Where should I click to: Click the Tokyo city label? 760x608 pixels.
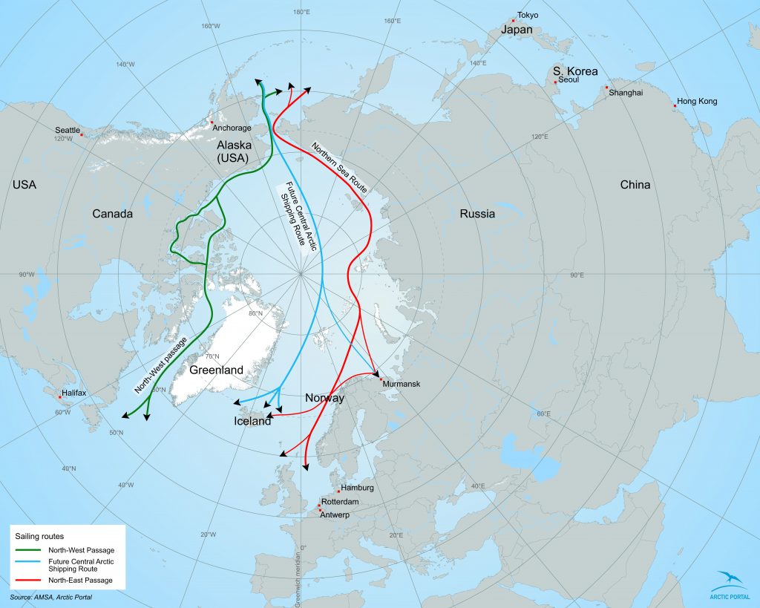tap(528, 15)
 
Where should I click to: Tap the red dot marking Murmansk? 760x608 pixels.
tap(381, 379)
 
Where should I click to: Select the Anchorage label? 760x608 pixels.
tap(232, 128)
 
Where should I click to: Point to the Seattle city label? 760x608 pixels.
tap(68, 129)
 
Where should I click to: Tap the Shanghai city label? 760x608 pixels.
tap(625, 93)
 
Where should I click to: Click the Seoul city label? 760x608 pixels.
tap(569, 79)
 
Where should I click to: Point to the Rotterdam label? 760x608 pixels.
tap(341, 503)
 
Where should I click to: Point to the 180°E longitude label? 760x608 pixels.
tap(301, 12)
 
